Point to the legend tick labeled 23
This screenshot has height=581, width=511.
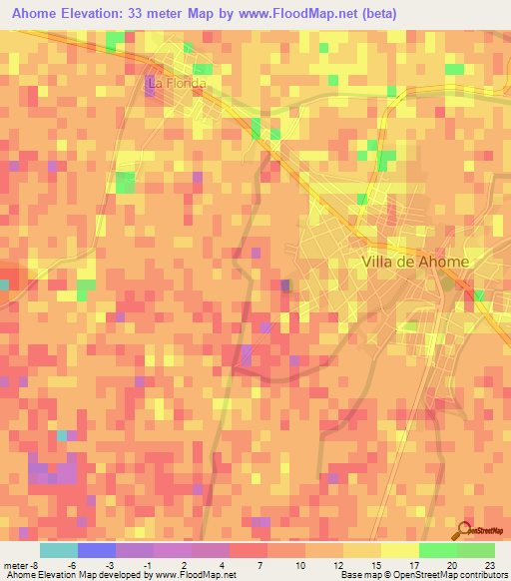489,564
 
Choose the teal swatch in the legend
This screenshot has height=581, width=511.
59,550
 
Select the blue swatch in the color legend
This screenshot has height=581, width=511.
97,550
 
